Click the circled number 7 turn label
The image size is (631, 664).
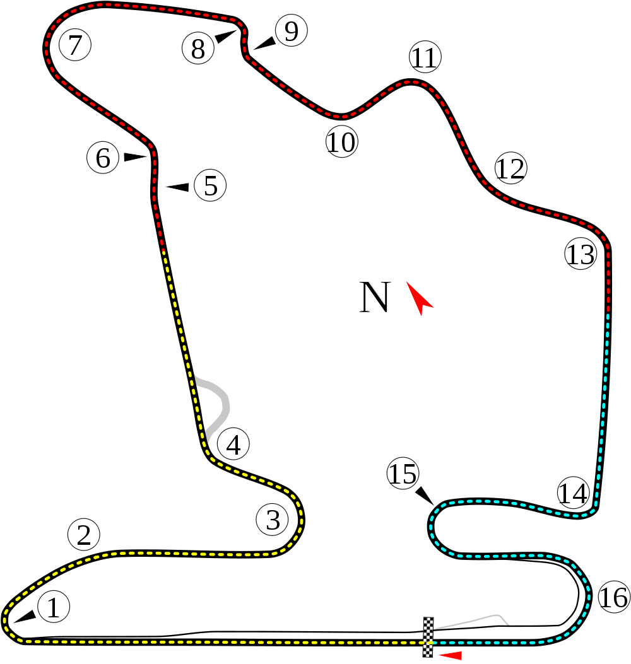pyautogui.click(x=75, y=45)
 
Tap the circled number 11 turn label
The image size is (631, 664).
pyautogui.click(x=425, y=57)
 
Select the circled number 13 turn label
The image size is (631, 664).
pyautogui.click(x=581, y=254)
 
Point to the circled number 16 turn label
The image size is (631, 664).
pyautogui.click(x=614, y=597)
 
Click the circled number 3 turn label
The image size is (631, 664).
pyautogui.click(x=273, y=519)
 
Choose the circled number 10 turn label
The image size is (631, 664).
pyautogui.click(x=341, y=141)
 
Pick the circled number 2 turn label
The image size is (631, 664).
pyautogui.click(x=84, y=535)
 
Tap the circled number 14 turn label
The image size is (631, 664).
pyautogui.click(x=573, y=492)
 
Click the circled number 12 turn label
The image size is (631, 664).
pyautogui.click(x=511, y=168)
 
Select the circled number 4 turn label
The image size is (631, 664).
pyautogui.click(x=233, y=444)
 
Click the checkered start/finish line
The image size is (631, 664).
pyautogui.click(x=428, y=637)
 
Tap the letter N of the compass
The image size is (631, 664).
pyautogui.click(x=374, y=297)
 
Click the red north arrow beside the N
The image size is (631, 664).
pyautogui.click(x=420, y=298)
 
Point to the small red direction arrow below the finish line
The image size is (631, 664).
pyautogui.click(x=450, y=656)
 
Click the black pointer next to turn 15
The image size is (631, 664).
pyautogui.click(x=424, y=496)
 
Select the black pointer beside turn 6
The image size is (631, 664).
pyautogui.click(x=135, y=157)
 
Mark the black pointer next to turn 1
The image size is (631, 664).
pyautogui.click(x=25, y=617)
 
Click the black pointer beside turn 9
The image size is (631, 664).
pyautogui.click(x=264, y=43)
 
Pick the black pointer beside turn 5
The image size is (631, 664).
pyautogui.click(x=177, y=187)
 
